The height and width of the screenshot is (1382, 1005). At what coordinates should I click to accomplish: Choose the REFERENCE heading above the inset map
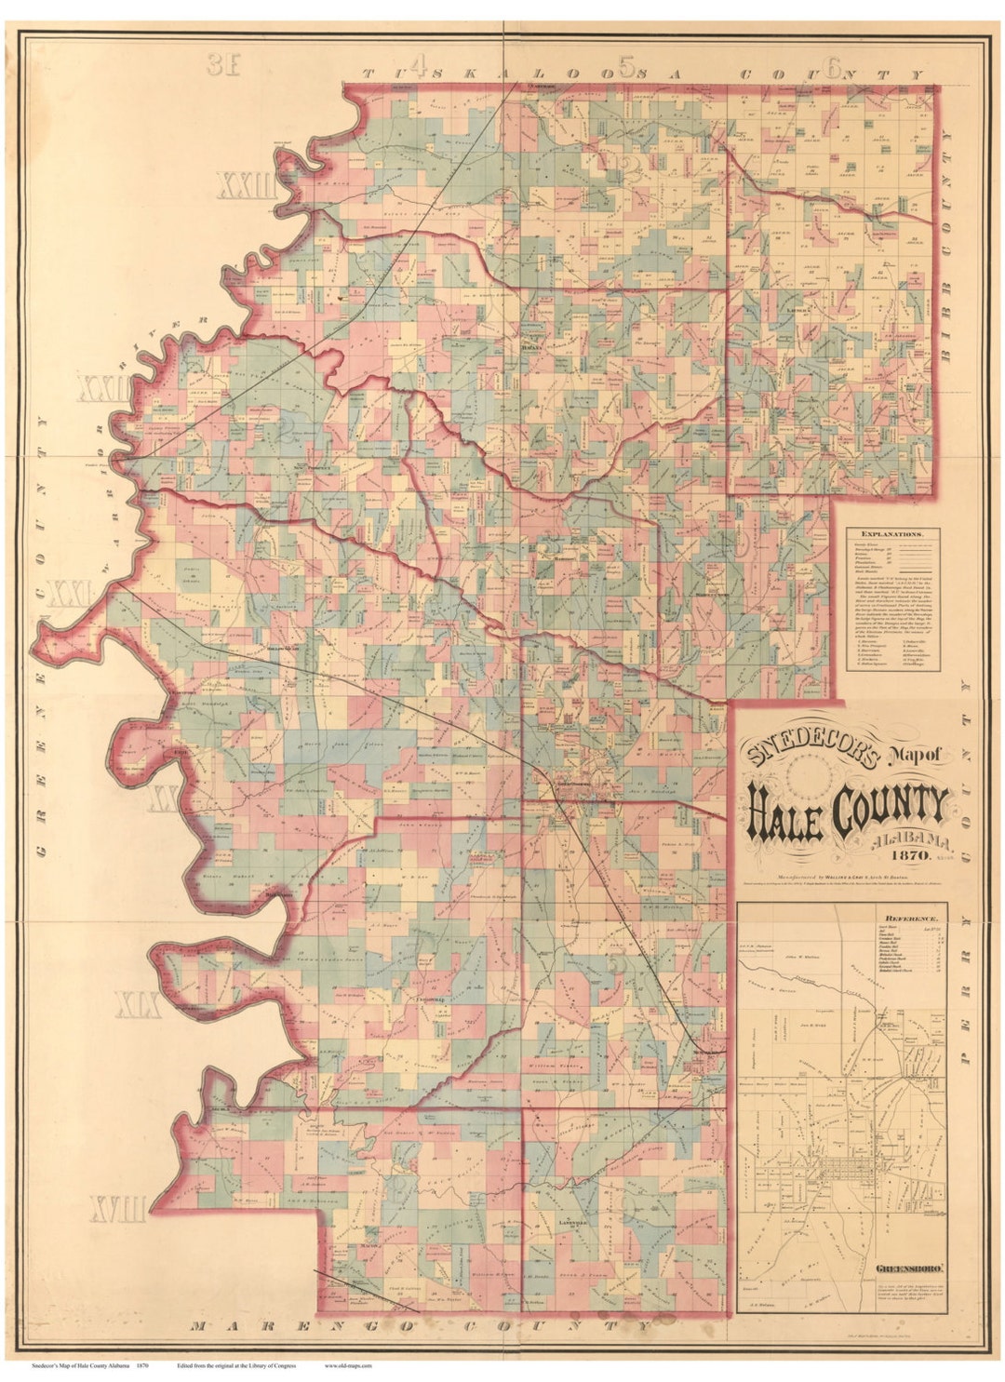[x=842, y=917]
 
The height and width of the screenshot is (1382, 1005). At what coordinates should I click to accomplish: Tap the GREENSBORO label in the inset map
[x=911, y=1267]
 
